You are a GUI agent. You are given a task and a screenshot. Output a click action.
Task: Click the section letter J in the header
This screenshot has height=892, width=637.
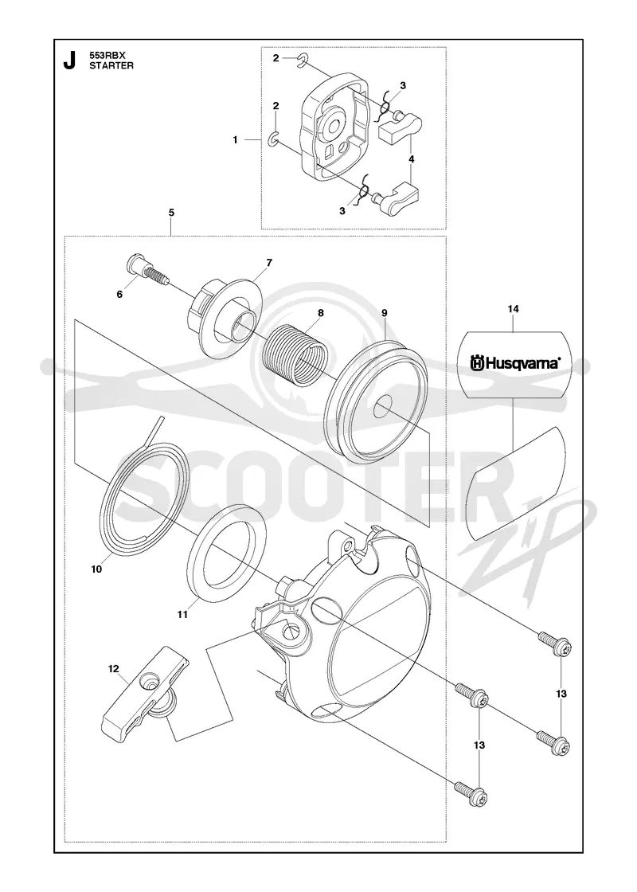point(69,61)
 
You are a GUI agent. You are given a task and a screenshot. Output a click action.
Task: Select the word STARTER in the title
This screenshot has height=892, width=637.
point(112,65)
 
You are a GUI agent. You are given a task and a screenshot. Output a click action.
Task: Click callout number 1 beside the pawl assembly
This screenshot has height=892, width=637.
point(236,140)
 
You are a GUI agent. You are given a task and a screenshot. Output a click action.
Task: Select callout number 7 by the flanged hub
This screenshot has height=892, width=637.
point(269,263)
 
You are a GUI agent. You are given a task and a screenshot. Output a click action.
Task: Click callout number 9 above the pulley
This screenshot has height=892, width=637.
point(385,312)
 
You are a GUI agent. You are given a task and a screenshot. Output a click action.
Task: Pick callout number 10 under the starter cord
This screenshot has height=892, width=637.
point(96,569)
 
